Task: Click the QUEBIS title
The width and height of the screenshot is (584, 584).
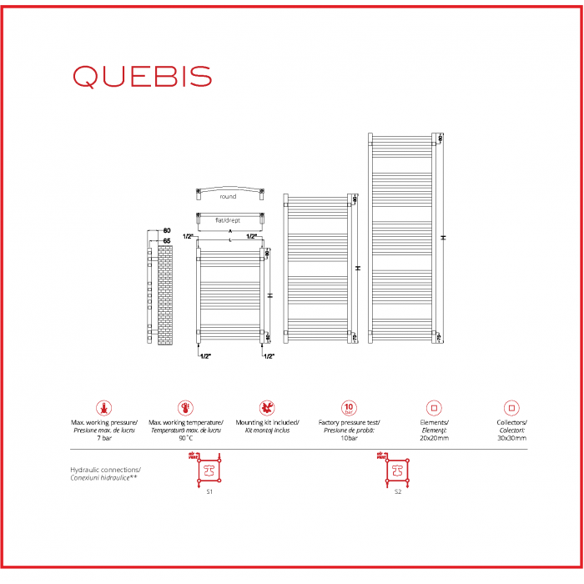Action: click(142, 76)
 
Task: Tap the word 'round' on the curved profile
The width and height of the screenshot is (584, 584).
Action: click(228, 197)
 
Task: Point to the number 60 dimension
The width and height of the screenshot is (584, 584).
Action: click(166, 230)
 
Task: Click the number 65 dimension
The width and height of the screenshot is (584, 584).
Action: click(166, 240)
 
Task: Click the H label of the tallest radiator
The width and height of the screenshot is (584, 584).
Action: click(445, 237)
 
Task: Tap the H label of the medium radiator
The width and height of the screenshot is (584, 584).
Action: click(358, 268)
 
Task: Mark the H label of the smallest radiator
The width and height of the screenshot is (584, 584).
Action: click(269, 295)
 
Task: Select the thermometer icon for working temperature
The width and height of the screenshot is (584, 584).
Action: click(184, 408)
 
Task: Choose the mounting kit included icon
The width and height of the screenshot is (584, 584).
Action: click(266, 408)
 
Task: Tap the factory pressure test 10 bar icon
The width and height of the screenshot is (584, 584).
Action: click(349, 408)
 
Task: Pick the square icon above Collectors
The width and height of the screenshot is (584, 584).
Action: click(511, 408)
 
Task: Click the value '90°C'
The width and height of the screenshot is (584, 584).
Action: click(184, 437)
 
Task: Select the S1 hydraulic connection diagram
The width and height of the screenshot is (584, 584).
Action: click(208, 471)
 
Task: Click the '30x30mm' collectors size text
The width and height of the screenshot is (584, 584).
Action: click(511, 437)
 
